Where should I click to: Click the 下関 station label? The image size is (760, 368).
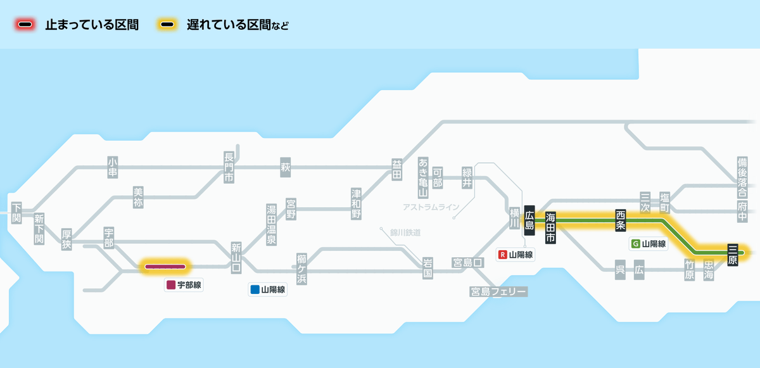point(16,212)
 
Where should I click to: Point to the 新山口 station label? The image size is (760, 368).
point(236,258)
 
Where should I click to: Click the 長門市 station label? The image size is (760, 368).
point(229,167)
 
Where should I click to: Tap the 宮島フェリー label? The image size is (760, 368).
point(498,291)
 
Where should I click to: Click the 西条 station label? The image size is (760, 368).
point(620,220)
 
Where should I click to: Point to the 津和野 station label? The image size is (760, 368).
point(357,203)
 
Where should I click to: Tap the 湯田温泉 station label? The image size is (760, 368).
point(271,224)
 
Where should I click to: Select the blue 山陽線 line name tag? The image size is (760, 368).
point(267,290)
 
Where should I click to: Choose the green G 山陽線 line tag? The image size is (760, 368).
point(649,244)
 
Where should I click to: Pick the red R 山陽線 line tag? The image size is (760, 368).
point(516,255)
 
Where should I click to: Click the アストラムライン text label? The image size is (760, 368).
point(430,207)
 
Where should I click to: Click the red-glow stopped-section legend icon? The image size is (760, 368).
point(26,25)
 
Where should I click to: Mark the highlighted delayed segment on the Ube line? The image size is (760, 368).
point(165,266)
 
